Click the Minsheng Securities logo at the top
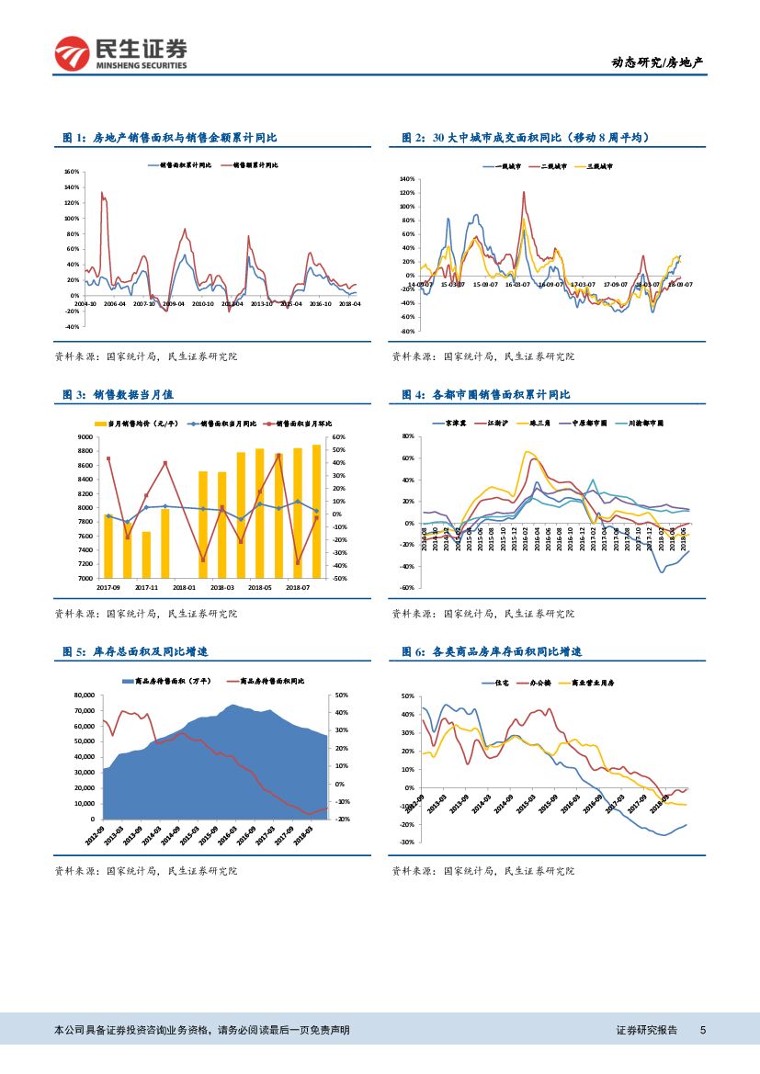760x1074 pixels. click(120, 54)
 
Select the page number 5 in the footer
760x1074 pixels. click(703, 1031)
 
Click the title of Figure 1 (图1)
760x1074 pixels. click(170, 138)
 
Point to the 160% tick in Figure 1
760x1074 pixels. click(71, 172)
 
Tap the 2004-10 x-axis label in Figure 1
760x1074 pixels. click(85, 302)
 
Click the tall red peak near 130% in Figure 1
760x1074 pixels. click(102, 193)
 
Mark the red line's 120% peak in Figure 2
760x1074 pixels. click(524, 192)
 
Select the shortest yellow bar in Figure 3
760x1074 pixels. click(146, 555)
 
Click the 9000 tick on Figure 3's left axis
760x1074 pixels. click(85, 437)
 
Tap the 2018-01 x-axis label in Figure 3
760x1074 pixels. click(184, 586)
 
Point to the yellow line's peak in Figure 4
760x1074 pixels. click(527, 451)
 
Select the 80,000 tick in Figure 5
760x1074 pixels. click(85, 695)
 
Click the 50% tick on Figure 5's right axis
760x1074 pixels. click(341, 695)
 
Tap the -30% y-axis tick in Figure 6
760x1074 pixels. click(407, 842)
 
